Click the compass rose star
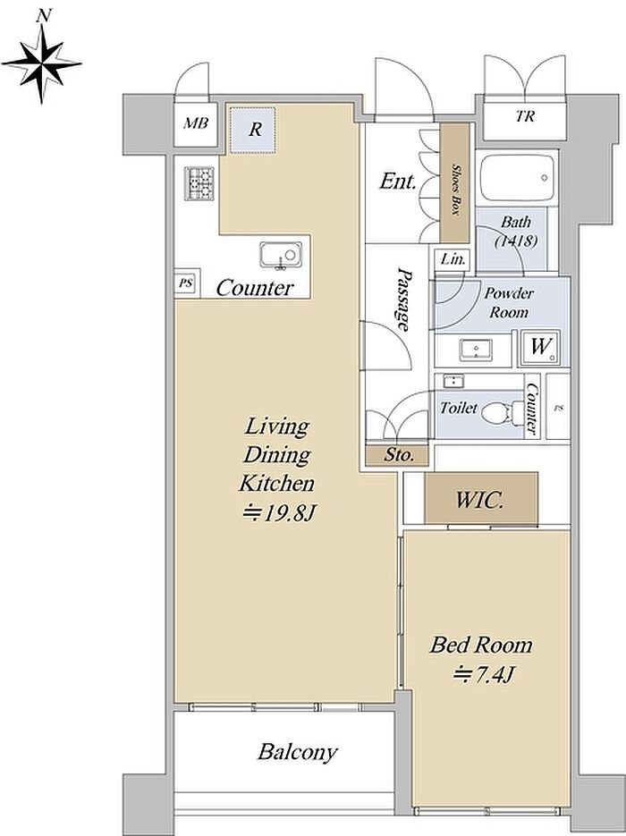[42, 63]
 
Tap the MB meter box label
[196, 123]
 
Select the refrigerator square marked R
[253, 130]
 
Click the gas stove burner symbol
[199, 183]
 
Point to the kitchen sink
[281, 256]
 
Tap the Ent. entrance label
[397, 182]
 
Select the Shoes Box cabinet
[455, 183]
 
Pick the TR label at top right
[525, 116]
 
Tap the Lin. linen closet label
[453, 259]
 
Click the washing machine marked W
[539, 348]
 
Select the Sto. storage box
[397, 455]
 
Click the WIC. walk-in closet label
[480, 500]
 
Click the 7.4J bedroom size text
[483, 676]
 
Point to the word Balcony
[298, 752]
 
